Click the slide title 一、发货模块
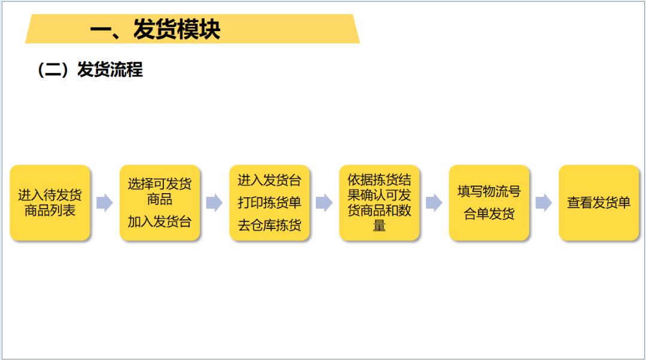click(155, 29)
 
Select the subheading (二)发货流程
click(90, 70)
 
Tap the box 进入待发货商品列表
click(50, 203)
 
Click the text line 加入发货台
click(160, 222)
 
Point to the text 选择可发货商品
click(160, 191)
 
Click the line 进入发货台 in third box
click(270, 181)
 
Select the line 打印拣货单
click(270, 203)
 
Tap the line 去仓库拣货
click(270, 225)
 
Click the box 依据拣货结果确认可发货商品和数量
click(379, 203)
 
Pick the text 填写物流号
click(489, 191)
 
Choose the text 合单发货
click(489, 214)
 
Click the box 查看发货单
click(599, 203)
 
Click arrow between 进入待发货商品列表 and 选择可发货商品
click(105, 203)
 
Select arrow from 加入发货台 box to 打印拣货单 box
click(214, 203)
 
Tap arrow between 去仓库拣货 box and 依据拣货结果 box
click(324, 203)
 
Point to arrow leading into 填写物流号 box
click(434, 203)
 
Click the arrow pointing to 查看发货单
click(544, 203)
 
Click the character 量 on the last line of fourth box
click(379, 226)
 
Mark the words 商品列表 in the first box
click(50, 210)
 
